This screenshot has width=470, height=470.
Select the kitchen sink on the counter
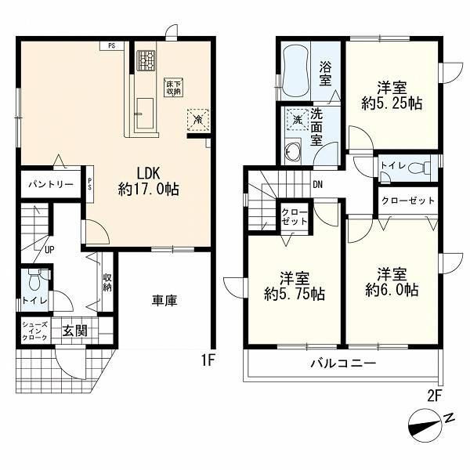tap(145, 114)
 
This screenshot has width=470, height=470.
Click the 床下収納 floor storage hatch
tap(174, 87)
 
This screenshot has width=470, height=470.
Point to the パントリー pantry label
tap(51, 184)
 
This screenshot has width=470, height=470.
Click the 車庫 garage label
tap(164, 301)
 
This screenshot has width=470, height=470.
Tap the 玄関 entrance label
tap(75, 331)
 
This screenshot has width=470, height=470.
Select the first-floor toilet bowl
tap(34, 280)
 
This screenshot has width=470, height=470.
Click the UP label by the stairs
tap(49, 250)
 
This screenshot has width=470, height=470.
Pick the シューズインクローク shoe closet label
tap(35, 331)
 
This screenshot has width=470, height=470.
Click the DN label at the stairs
tap(318, 185)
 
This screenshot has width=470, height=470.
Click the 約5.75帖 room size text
tap(295, 294)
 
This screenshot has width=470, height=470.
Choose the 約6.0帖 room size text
tap(392, 290)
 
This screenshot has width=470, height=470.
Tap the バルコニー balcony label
tap(343, 364)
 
